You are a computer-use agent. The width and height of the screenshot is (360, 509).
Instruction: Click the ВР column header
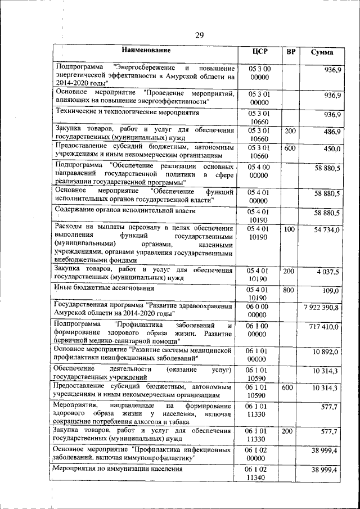tap(291, 52)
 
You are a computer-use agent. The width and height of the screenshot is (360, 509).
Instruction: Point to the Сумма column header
tap(322, 52)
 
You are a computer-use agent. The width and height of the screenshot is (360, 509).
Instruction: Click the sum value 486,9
tap(331, 132)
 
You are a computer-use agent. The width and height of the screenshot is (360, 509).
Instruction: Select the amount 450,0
tap(332, 148)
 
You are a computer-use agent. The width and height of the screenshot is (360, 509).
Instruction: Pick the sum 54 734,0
tap(326, 230)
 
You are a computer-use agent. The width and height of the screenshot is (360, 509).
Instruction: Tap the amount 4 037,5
tap(327, 272)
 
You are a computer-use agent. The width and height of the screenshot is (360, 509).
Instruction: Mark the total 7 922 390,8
tap(321, 308)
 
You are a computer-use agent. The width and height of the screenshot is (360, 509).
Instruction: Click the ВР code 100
tap(290, 229)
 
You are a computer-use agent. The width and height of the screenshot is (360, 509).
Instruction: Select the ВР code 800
tap(290, 290)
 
